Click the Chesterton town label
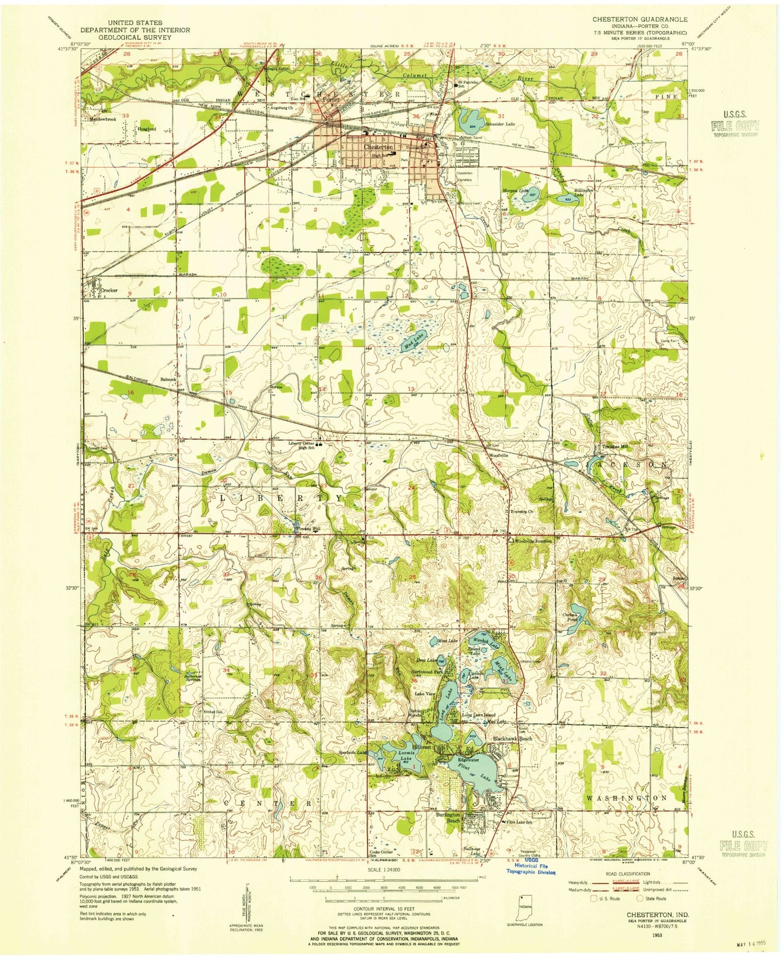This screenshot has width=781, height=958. click(378, 147)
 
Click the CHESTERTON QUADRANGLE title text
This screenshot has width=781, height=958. click(639, 19)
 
